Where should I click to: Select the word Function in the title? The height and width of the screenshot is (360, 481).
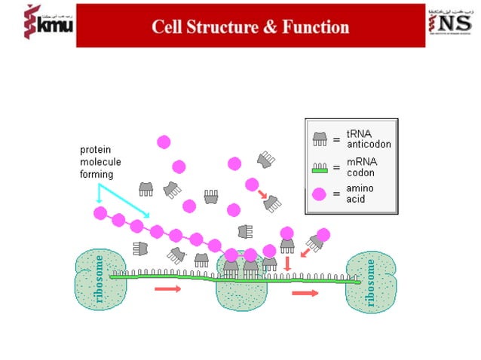(x=317, y=27)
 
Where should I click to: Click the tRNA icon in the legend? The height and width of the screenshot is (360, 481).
(x=320, y=139)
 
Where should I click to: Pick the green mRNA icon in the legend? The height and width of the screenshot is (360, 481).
(x=320, y=166)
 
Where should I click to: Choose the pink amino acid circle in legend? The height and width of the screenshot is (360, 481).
(x=320, y=194)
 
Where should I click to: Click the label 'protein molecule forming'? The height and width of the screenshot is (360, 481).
(x=100, y=162)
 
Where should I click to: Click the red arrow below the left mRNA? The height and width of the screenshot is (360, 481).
(x=167, y=288)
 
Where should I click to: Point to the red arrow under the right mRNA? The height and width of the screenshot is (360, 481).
(x=305, y=293)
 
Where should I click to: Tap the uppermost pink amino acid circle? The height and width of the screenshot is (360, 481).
(x=164, y=142)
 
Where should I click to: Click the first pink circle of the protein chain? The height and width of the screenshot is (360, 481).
(x=100, y=213)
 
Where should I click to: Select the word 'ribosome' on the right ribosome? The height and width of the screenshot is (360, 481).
(x=370, y=284)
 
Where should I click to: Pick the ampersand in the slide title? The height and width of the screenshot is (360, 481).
(x=268, y=27)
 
